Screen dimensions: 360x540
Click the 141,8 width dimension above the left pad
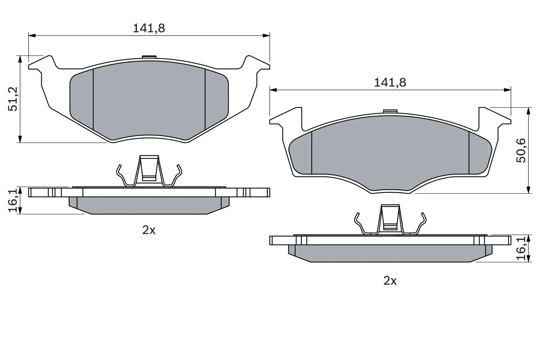(149, 28)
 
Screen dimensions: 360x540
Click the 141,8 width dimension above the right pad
(390, 83)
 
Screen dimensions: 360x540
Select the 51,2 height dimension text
(13, 99)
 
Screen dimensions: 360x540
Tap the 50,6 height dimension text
(521, 150)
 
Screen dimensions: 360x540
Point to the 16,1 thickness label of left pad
(12, 201)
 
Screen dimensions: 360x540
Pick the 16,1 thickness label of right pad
(521, 249)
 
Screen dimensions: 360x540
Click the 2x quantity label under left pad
(148, 230)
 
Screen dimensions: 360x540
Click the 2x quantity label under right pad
(390, 281)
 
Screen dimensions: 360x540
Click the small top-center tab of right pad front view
(390, 111)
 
